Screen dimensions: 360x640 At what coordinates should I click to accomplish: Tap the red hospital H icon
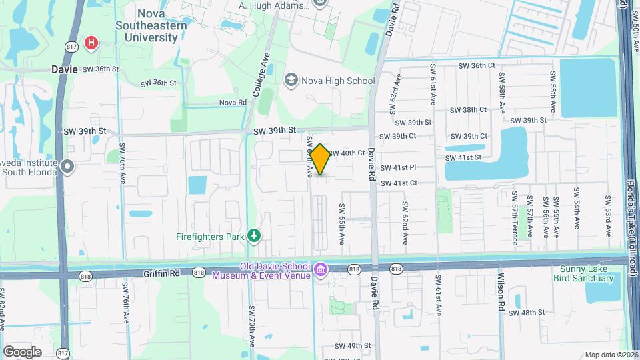(92, 43)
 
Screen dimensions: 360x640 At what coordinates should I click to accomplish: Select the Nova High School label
(338, 81)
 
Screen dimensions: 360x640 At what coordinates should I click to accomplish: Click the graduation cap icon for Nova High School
(291, 81)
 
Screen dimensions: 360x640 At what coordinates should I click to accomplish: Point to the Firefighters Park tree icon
(253, 235)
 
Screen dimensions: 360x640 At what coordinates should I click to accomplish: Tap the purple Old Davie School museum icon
(321, 270)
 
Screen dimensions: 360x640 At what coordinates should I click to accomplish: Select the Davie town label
(65, 69)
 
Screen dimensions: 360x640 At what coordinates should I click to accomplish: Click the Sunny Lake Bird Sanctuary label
(583, 273)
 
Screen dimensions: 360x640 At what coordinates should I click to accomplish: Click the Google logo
(22, 351)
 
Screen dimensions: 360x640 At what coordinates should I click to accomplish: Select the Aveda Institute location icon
(67, 166)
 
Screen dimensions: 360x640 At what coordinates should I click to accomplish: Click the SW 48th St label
(527, 312)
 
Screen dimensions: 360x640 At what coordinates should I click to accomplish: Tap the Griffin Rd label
(163, 273)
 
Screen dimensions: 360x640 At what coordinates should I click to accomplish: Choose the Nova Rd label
(233, 103)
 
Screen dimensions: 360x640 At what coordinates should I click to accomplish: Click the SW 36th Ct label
(477, 65)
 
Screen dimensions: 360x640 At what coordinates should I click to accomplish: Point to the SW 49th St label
(352, 345)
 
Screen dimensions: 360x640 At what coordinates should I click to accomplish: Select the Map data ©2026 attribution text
(611, 355)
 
